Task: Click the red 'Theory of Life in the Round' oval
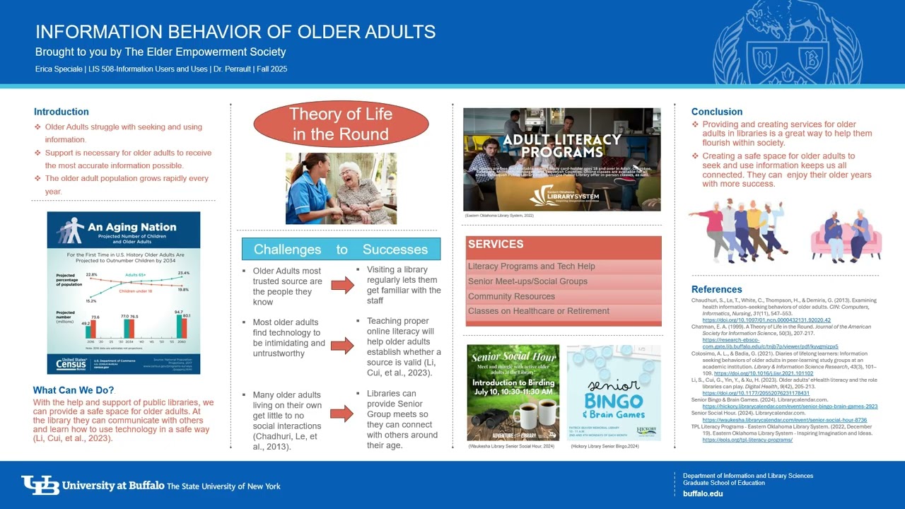pos(340,124)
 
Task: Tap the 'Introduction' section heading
pos(62,112)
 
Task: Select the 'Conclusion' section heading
pos(717,112)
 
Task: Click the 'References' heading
pos(716,289)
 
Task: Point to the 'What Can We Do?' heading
pos(74,390)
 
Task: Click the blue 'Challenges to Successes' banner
pos(341,249)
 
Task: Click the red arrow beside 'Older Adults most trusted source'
pos(342,285)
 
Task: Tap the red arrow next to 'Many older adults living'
pos(342,414)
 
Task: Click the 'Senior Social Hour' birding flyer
pos(513,392)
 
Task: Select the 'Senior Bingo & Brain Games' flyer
pos(614,392)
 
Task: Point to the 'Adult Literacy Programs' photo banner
pos(562,159)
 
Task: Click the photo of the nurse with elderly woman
pos(341,188)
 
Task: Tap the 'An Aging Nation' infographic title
pos(132,227)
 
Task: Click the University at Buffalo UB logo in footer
pos(40,485)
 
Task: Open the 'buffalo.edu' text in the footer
pos(703,493)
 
